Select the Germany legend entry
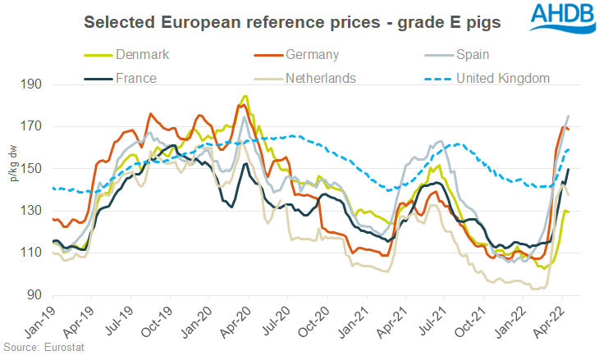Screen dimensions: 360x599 point(318,55)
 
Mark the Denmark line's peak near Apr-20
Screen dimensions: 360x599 point(245,97)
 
